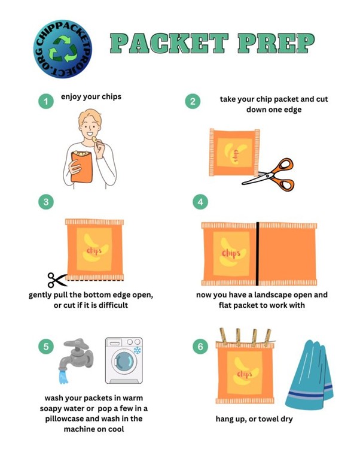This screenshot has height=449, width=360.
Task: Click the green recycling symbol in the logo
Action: (63, 49)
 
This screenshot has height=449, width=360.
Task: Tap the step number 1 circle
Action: (46, 101)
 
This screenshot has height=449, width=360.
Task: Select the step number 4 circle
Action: (200, 202)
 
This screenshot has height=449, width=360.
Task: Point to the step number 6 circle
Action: (200, 347)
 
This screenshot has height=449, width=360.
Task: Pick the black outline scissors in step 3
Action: (57, 280)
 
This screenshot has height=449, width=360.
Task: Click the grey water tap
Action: (76, 354)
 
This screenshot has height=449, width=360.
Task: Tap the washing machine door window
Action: (124, 362)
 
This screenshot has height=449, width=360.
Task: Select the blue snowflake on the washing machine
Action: (138, 350)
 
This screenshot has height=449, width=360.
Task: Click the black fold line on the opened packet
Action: (257, 254)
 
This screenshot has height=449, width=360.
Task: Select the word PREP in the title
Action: (276, 43)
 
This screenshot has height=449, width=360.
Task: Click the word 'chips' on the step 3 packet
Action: (94, 251)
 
